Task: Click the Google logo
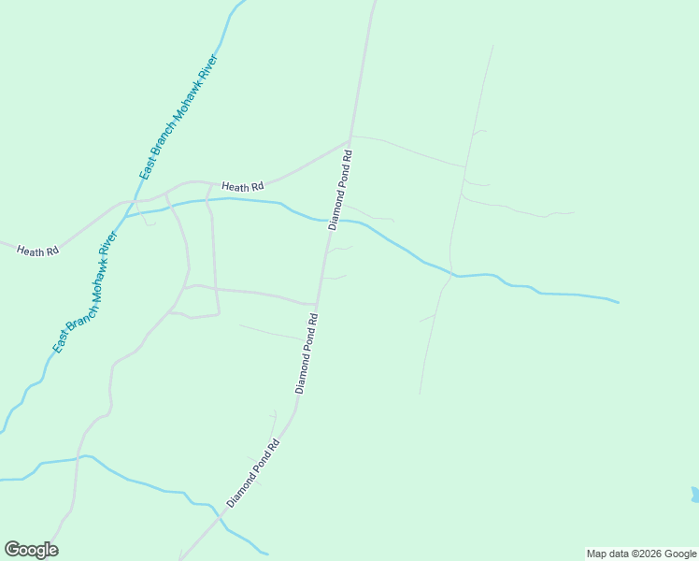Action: pyautogui.click(x=31, y=550)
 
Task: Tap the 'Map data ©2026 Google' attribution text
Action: pyautogui.click(x=642, y=554)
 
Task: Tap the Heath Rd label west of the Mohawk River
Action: pyautogui.click(x=38, y=251)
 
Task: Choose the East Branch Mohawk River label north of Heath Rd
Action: pyautogui.click(x=178, y=118)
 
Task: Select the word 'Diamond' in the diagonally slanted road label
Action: pyautogui.click(x=240, y=490)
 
